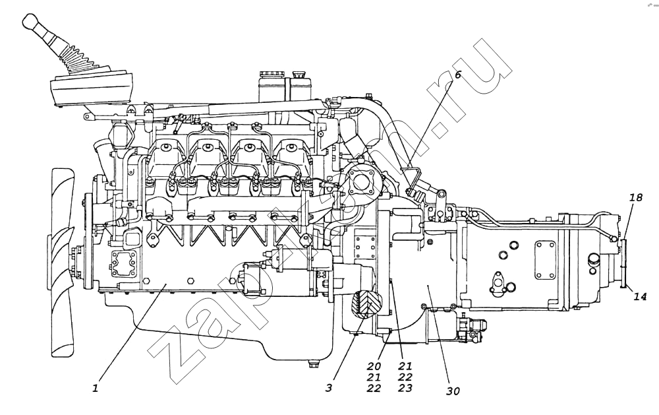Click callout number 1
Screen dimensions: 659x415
tap(96, 387)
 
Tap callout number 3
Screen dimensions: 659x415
tap(329, 387)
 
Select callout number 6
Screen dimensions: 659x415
tap(458, 75)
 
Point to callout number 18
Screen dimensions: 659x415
tap(637, 197)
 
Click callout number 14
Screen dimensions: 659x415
tap(640, 297)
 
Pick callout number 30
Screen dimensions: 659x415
tap(453, 391)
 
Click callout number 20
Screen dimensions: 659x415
tap(374, 366)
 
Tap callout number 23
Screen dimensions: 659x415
tap(405, 388)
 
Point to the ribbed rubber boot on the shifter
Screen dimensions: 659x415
tap(80, 59)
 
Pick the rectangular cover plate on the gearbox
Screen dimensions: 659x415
tap(546, 259)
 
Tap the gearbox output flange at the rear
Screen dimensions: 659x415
tap(624, 263)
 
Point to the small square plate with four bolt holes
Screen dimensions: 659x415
tap(364, 247)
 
